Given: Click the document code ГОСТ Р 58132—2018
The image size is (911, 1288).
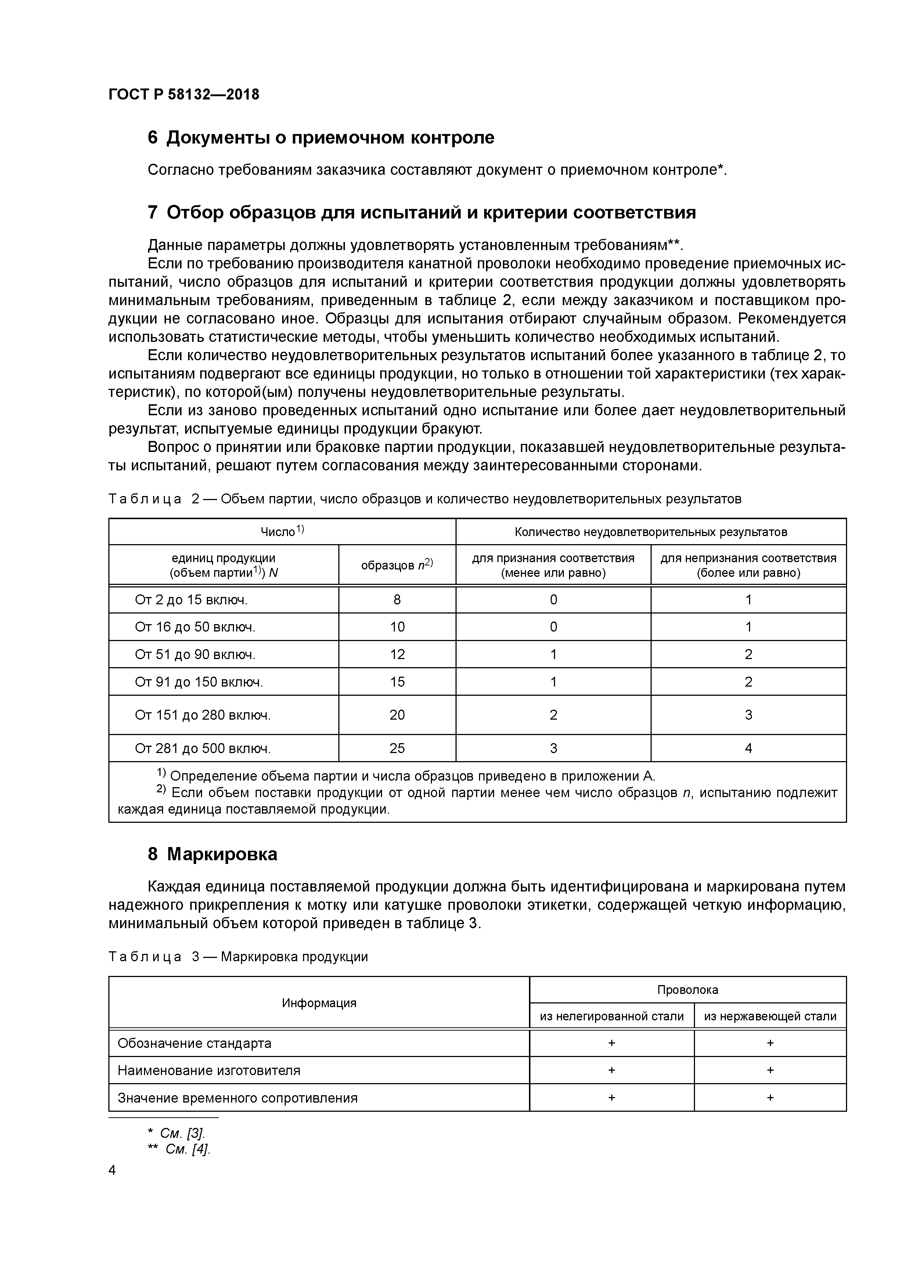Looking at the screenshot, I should click(184, 94).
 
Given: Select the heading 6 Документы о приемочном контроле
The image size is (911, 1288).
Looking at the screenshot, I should click(321, 137).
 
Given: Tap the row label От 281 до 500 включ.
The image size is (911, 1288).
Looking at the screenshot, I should click(203, 748).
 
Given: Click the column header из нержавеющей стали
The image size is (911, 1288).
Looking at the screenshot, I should click(770, 1016).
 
